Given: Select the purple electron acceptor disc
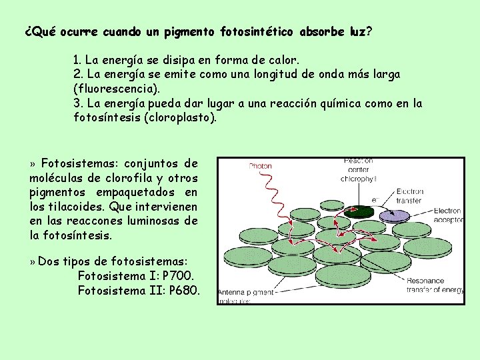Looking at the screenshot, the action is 395,215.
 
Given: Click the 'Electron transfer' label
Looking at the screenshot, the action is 409,195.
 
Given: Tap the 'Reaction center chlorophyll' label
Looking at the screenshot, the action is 358,169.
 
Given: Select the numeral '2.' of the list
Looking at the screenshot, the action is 78,75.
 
